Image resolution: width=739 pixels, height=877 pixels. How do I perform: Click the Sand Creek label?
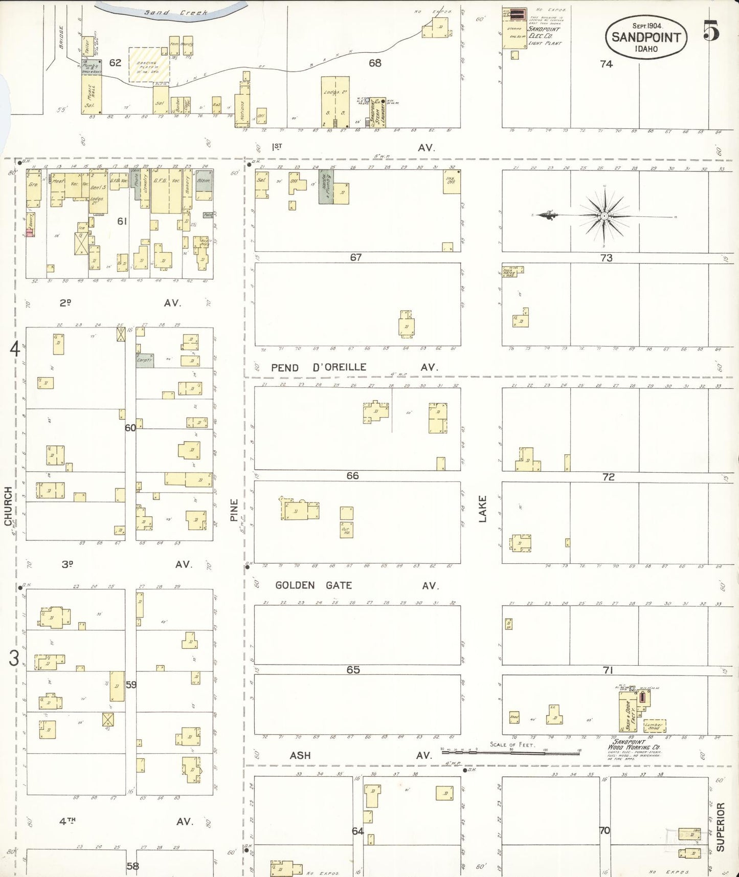click(175, 12)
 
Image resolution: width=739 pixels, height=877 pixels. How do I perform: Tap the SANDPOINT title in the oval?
click(646, 37)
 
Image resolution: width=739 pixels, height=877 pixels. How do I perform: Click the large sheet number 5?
click(711, 31)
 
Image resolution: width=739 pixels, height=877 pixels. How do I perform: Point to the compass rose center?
click(604, 216)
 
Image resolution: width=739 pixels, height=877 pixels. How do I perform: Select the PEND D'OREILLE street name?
click(319, 367)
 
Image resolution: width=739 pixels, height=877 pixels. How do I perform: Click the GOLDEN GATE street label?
click(313, 585)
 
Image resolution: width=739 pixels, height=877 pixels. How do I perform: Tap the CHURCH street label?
click(8, 506)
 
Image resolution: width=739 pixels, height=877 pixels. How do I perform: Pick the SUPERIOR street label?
click(721, 827)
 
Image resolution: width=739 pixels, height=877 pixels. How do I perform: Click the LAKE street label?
click(482, 509)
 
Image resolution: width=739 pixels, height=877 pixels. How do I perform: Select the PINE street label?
click(234, 510)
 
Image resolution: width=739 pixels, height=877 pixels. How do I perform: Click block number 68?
click(375, 63)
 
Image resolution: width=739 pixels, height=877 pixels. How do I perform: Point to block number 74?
click(606, 64)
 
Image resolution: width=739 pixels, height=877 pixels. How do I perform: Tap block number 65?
click(353, 670)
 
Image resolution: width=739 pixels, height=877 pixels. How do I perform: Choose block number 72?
click(608, 477)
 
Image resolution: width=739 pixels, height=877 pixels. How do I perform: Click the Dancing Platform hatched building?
click(147, 65)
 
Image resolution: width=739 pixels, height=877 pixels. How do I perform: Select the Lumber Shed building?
click(655, 726)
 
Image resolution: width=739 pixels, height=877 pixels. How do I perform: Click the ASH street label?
click(300, 756)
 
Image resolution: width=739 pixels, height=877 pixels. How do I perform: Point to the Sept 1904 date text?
click(647, 26)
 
